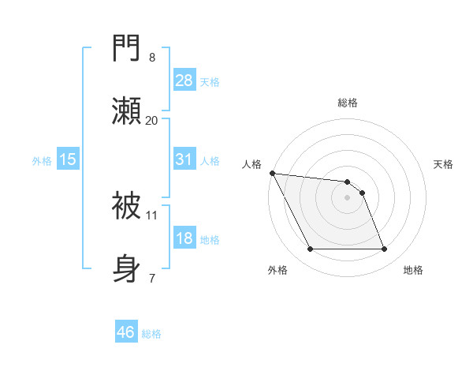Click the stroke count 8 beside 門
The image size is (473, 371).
(x=152, y=58)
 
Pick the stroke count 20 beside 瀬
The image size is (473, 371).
(x=152, y=120)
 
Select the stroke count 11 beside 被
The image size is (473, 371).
(x=152, y=214)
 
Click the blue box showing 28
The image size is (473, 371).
(x=184, y=81)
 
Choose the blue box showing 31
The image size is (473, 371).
(x=184, y=159)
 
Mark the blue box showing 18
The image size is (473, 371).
(x=184, y=238)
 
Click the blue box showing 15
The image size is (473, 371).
(x=68, y=159)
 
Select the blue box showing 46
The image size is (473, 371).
(x=126, y=332)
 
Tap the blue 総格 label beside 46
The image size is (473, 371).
(x=151, y=334)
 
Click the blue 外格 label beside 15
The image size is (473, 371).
(x=42, y=160)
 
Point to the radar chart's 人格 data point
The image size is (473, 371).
(x=272, y=173)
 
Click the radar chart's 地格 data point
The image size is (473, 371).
(x=384, y=249)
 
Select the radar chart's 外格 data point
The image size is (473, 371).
(x=310, y=249)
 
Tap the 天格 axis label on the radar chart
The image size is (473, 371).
(x=443, y=164)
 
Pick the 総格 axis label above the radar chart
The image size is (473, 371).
(x=348, y=103)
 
